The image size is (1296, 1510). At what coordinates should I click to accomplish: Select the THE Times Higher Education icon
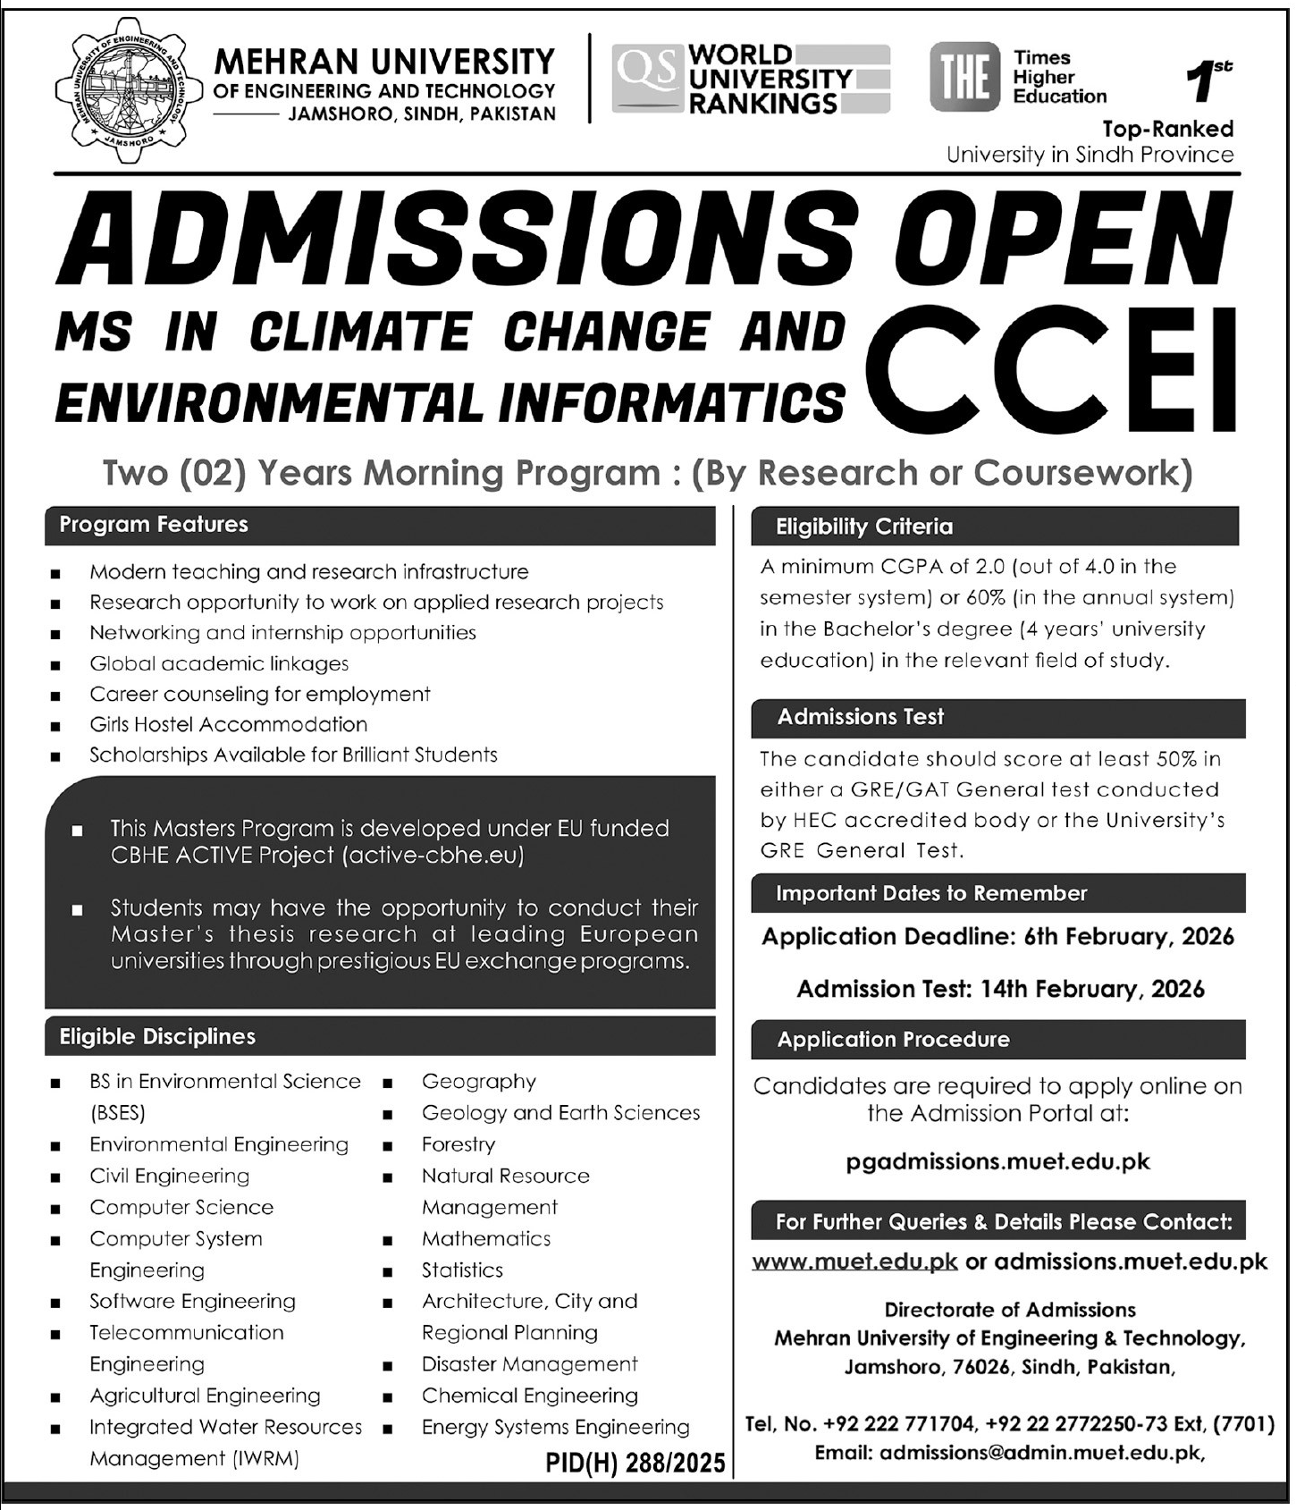(x=964, y=78)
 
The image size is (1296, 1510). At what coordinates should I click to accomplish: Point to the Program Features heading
(x=154, y=525)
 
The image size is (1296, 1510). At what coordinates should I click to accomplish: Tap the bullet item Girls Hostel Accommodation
(x=228, y=724)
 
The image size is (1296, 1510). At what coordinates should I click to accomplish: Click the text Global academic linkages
(x=219, y=663)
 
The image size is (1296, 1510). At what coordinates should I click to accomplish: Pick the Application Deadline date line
(x=997, y=937)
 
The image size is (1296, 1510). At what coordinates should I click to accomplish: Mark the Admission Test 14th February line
(x=1000, y=989)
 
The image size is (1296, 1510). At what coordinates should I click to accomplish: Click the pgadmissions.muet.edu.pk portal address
(x=997, y=1161)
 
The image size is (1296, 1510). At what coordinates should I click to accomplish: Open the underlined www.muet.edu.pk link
(x=854, y=1261)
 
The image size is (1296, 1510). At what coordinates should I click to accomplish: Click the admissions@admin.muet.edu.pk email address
(x=1041, y=1453)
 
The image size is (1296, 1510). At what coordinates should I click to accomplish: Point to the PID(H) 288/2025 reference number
(x=635, y=1463)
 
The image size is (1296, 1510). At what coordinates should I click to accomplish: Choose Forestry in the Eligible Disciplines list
(x=458, y=1144)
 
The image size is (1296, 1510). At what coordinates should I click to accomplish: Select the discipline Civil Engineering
(x=169, y=1176)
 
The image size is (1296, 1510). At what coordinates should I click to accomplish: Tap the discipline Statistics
(x=462, y=1270)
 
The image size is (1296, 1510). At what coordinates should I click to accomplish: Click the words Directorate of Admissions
(x=1010, y=1310)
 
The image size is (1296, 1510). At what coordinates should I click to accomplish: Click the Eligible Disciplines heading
(x=157, y=1037)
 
